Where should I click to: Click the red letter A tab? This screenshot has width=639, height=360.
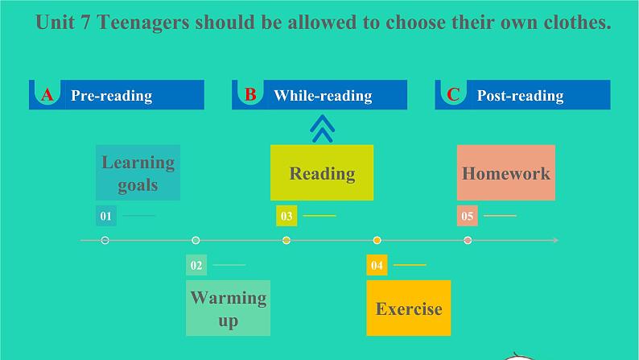47,95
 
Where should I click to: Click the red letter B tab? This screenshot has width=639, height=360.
250,95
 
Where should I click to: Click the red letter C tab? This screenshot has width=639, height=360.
453,95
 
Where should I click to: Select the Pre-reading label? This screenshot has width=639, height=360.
111,96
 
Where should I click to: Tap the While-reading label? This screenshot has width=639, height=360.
323,96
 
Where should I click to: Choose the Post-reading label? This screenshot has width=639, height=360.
520,96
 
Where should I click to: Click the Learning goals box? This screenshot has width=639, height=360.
138,172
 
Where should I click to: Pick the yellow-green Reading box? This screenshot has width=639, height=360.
322,172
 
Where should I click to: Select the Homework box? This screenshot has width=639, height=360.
506,172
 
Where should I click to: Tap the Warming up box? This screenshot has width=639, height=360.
228,308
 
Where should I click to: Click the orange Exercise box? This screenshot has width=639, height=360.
409,308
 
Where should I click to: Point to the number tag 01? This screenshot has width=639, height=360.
105,216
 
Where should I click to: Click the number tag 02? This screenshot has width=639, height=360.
196,265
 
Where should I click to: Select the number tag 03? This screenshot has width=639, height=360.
287,216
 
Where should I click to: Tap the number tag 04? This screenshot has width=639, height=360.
377,265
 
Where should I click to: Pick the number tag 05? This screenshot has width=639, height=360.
468,216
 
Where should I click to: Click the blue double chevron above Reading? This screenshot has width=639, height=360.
322,129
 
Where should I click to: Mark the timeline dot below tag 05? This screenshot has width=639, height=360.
468,240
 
